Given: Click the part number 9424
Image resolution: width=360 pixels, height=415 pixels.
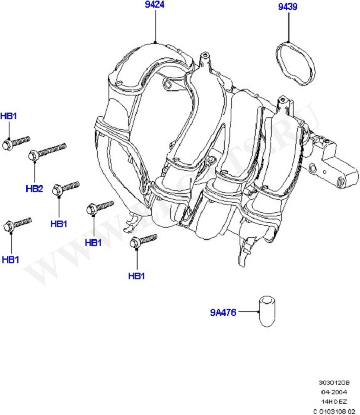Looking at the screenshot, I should pyautogui.click(x=155, y=5).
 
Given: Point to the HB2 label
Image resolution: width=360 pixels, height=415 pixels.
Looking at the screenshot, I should pyautogui.click(x=34, y=189).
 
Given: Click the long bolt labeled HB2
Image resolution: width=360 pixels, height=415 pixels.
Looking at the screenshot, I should pyautogui.click(x=47, y=151).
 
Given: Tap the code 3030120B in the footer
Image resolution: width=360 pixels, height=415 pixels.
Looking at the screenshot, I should pyautogui.click(x=336, y=382).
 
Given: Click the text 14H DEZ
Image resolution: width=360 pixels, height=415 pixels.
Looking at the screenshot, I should pyautogui.click(x=337, y=401).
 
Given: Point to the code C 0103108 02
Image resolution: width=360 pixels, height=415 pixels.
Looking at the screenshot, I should pyautogui.click(x=334, y=410).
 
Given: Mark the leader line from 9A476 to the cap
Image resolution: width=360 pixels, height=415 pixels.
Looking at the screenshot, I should pyautogui.click(x=246, y=312).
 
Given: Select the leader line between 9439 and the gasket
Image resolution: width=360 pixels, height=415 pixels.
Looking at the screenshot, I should pyautogui.click(x=290, y=27).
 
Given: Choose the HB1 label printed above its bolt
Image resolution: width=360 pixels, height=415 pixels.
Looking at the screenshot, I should pyautogui.click(x=8, y=116).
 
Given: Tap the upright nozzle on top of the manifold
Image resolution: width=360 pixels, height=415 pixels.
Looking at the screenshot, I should pyautogui.click(x=206, y=60).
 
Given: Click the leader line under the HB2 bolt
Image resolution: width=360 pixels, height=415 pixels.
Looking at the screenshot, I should pyautogui.click(x=34, y=172).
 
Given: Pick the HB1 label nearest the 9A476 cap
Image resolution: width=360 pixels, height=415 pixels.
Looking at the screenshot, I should pyautogui.click(x=136, y=276).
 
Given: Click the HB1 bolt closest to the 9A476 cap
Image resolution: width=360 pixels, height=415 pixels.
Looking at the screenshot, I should pyautogui.click(x=142, y=240).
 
